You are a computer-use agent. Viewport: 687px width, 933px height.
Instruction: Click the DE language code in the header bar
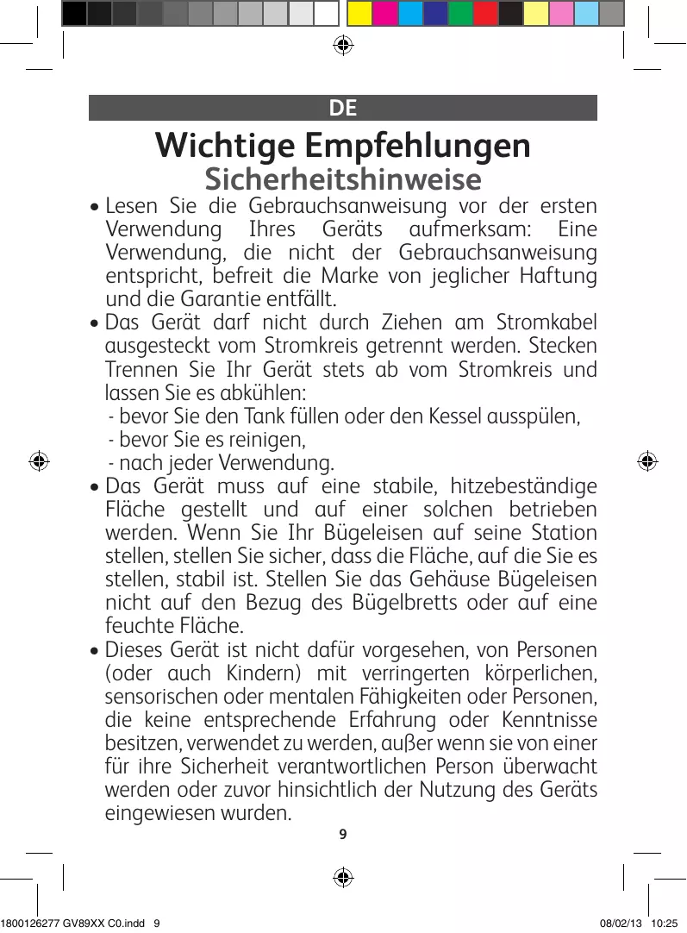[x=342, y=108]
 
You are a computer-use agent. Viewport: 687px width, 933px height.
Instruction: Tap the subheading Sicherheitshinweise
[x=342, y=179]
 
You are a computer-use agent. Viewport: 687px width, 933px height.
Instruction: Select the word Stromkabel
[x=546, y=322]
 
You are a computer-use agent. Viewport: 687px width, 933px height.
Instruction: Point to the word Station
[x=564, y=531]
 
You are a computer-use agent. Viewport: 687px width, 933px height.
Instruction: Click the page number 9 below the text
[x=343, y=834]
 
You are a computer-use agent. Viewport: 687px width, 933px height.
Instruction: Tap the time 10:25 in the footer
[x=665, y=923]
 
